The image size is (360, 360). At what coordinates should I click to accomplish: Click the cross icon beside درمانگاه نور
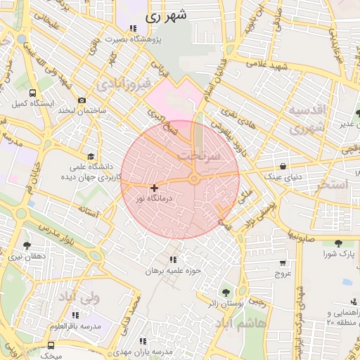154,188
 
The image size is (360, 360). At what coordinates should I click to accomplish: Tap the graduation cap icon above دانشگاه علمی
90,157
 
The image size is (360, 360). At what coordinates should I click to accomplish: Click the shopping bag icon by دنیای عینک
283,167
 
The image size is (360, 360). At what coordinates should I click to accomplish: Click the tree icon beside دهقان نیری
27,245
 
